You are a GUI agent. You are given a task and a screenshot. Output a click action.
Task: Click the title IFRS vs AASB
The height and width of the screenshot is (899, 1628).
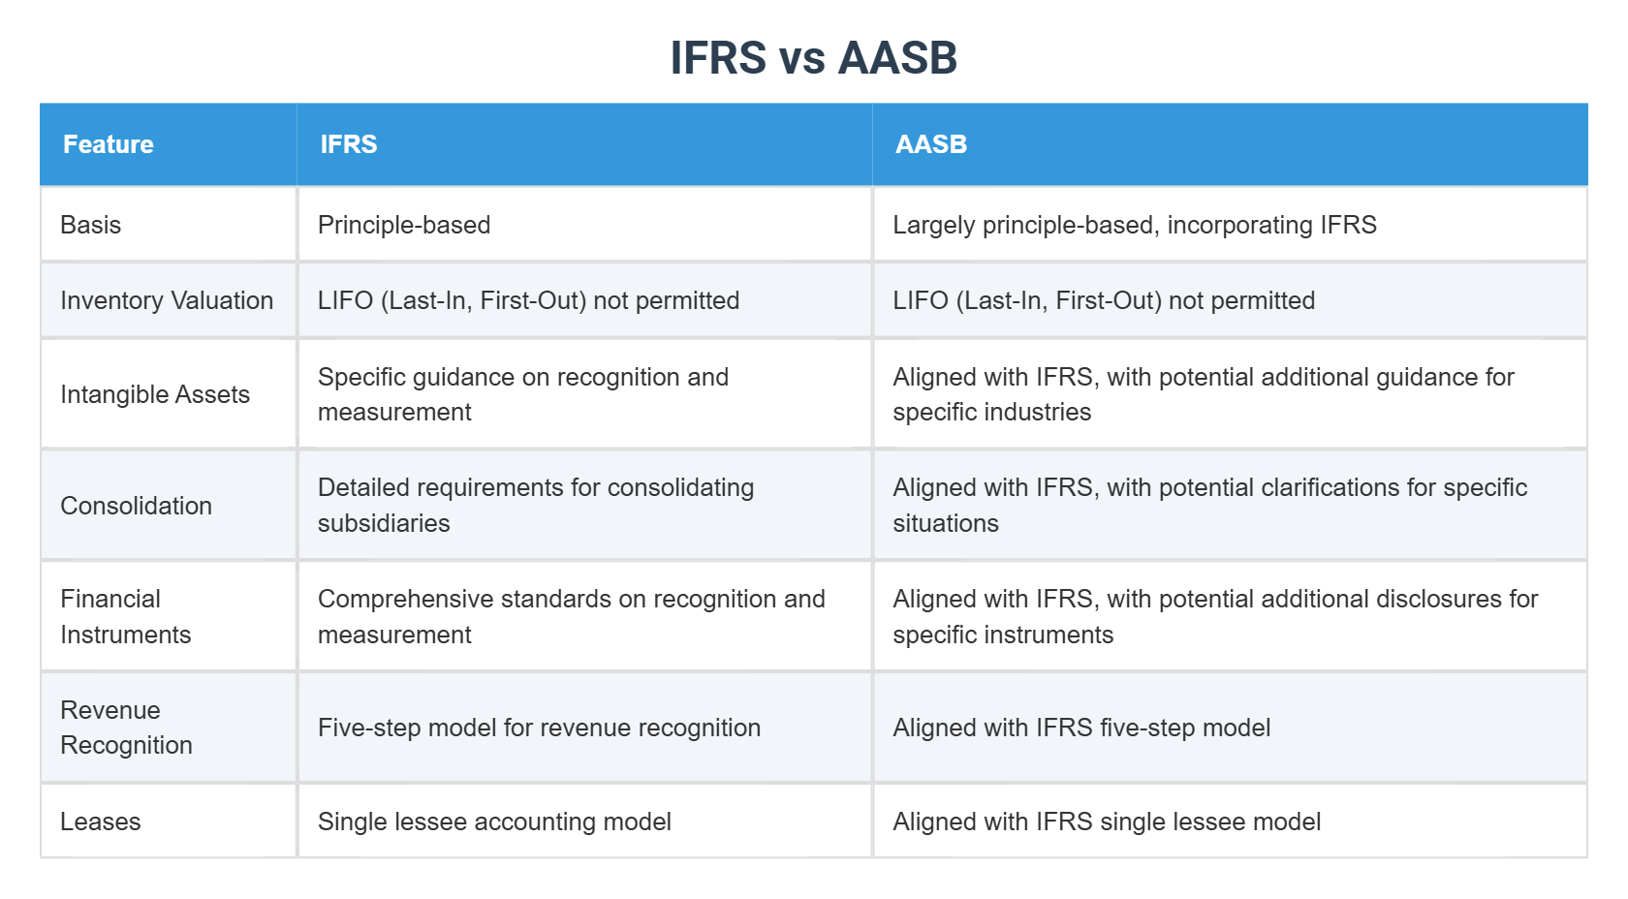[x=813, y=58]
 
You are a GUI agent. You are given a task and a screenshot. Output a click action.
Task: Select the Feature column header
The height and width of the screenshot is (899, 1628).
[x=109, y=144]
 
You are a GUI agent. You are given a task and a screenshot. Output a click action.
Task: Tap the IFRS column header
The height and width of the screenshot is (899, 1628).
[x=349, y=144]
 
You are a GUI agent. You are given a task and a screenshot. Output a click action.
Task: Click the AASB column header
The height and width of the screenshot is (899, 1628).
[x=931, y=144]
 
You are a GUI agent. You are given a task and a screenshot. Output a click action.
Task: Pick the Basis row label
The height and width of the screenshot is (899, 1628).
[x=91, y=225]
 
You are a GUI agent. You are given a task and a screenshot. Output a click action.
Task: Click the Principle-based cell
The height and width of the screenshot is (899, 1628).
[x=404, y=225]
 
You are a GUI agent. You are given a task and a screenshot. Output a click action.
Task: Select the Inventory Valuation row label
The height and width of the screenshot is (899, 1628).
[x=167, y=300]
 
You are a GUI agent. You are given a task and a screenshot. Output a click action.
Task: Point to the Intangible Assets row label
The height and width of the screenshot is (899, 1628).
[x=155, y=394]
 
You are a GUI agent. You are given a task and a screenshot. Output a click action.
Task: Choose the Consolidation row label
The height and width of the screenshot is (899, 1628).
[x=136, y=506]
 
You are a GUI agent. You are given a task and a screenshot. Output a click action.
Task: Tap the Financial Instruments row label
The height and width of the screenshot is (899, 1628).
[x=125, y=616]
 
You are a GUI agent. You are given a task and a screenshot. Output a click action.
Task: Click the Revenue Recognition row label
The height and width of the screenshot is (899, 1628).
[x=126, y=728]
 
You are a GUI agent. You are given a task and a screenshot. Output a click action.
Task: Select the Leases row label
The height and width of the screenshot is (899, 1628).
[x=101, y=821]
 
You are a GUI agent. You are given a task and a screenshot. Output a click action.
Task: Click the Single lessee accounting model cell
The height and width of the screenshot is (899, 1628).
[x=494, y=821]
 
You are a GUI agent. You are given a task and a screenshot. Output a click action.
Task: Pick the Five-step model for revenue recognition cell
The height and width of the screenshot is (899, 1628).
[x=539, y=728]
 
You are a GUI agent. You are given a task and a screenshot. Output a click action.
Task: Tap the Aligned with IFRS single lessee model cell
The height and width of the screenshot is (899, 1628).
[x=1107, y=821]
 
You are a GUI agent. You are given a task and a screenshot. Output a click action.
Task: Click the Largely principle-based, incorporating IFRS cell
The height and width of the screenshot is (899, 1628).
[x=1134, y=225]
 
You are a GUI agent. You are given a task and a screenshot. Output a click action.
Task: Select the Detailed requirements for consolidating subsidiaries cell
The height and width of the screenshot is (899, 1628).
[x=535, y=505]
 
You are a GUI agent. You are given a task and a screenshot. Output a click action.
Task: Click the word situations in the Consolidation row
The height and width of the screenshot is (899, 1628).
[x=946, y=524]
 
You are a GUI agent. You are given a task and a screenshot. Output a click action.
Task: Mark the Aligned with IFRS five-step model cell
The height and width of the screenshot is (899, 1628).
[x=1081, y=728]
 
